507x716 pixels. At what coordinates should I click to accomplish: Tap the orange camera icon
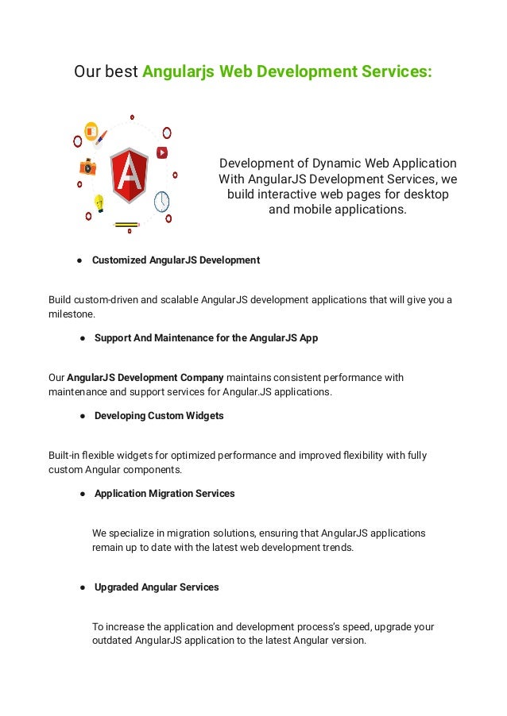tap(87, 167)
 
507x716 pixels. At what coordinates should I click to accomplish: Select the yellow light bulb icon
tap(99, 202)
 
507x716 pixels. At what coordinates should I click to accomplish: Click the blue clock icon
tap(162, 201)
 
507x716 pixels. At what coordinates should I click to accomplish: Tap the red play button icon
tap(162, 152)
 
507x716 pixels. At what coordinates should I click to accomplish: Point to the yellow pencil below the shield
tap(127, 225)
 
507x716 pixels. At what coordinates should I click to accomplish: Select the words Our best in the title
tap(106, 72)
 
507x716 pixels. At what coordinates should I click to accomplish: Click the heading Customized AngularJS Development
tap(176, 260)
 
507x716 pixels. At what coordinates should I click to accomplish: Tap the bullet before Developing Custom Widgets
tap(83, 416)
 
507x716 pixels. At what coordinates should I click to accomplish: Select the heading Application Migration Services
tap(164, 494)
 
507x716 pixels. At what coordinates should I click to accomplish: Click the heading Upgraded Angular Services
tap(157, 587)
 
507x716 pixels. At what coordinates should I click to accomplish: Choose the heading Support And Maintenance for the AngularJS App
tap(206, 338)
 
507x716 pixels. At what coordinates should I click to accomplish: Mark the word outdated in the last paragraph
tap(112, 641)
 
